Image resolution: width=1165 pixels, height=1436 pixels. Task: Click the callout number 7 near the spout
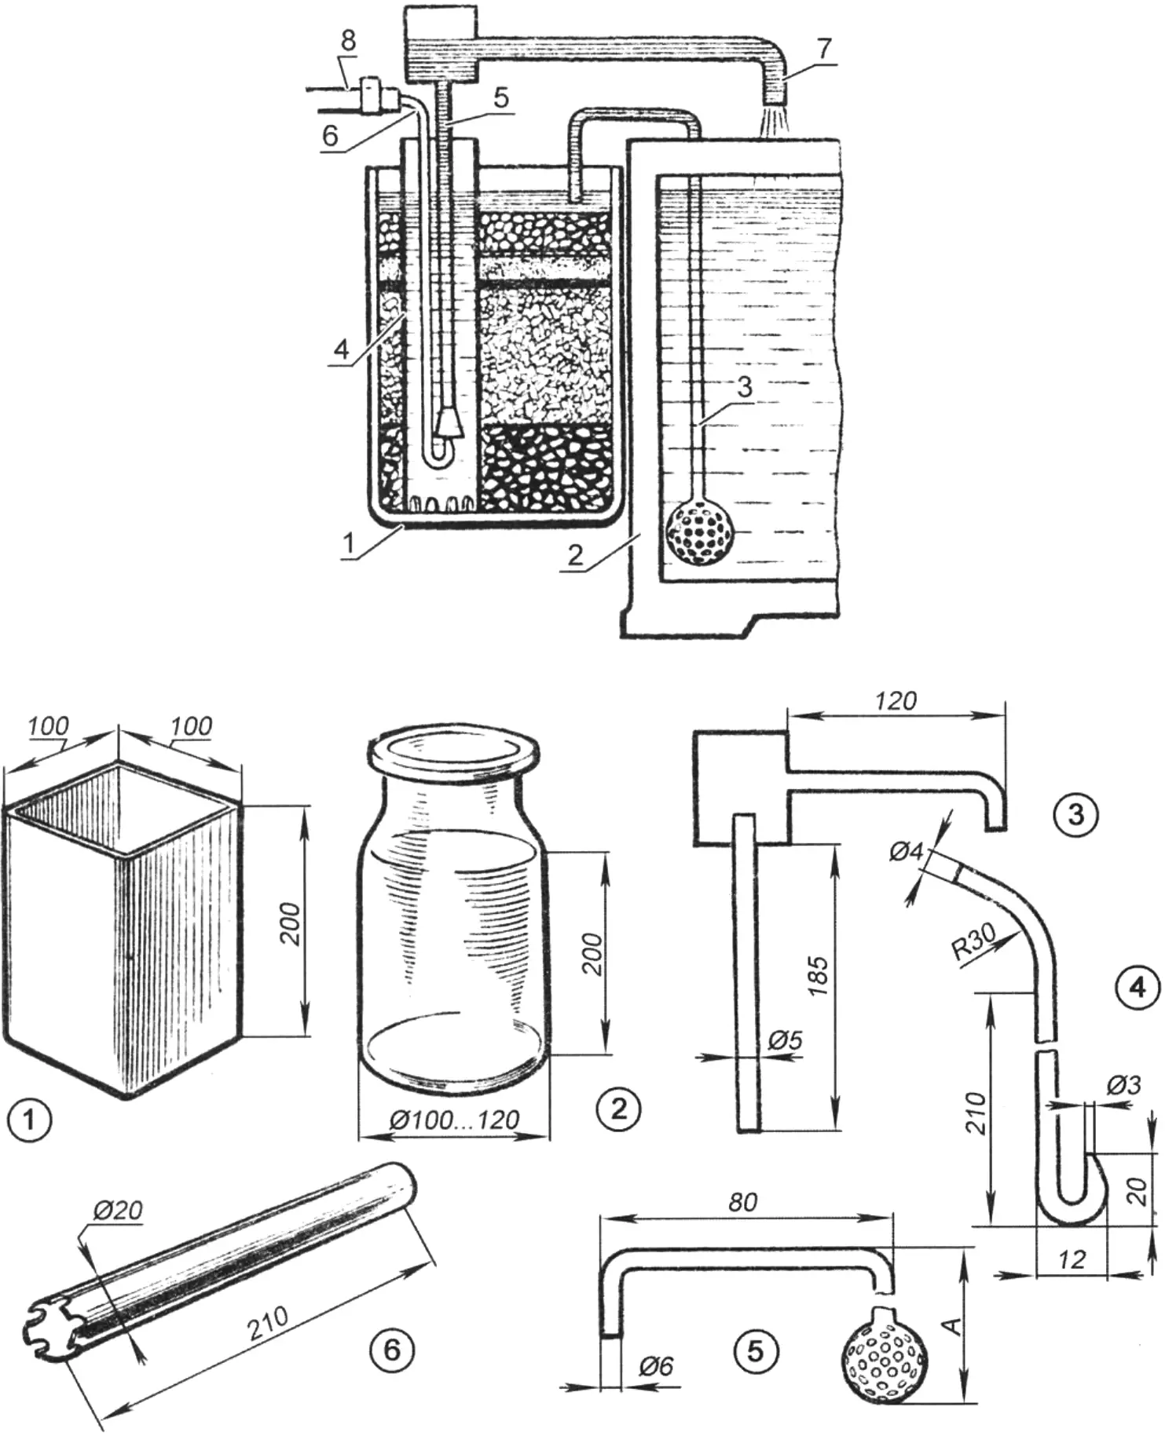pyautogui.click(x=822, y=49)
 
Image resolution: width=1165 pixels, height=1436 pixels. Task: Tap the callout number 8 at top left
pyautogui.click(x=348, y=42)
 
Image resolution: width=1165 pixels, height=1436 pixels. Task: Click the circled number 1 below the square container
pyautogui.click(x=29, y=1120)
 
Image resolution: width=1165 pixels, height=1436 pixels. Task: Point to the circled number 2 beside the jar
pyautogui.click(x=618, y=1108)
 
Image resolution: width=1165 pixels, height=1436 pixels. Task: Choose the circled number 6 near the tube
pyautogui.click(x=391, y=1350)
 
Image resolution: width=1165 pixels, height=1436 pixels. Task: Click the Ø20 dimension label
pyautogui.click(x=118, y=1210)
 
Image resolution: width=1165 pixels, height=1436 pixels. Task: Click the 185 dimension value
pyautogui.click(x=819, y=976)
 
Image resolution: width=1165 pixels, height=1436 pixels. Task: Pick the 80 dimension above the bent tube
pyautogui.click(x=742, y=1202)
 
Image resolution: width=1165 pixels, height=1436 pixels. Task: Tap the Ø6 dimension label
pyautogui.click(x=656, y=1367)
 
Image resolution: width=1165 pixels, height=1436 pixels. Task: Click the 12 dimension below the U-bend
pyautogui.click(x=1071, y=1260)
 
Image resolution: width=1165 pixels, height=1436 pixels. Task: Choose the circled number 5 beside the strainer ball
pyautogui.click(x=755, y=1350)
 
